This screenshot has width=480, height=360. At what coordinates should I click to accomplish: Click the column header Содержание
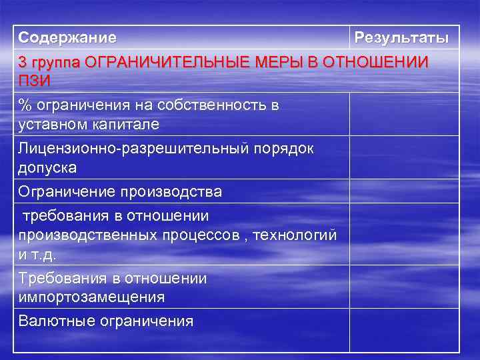tap(67, 37)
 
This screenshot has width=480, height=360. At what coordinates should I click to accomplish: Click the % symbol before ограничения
tap(25, 106)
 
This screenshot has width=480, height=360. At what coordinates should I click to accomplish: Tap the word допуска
tap(47, 167)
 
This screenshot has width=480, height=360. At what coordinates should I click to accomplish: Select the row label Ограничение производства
tap(121, 192)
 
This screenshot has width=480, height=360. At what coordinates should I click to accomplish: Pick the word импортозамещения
tap(91, 296)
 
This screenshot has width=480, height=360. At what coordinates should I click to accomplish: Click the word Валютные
tap(56, 321)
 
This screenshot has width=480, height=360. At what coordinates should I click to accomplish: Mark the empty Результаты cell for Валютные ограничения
tap(405, 329)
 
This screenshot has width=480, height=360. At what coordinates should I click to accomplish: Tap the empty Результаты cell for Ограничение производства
tap(405, 191)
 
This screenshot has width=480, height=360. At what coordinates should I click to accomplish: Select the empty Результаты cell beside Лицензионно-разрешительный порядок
tap(405, 157)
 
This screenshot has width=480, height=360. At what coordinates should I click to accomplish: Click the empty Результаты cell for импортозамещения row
tap(405, 287)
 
